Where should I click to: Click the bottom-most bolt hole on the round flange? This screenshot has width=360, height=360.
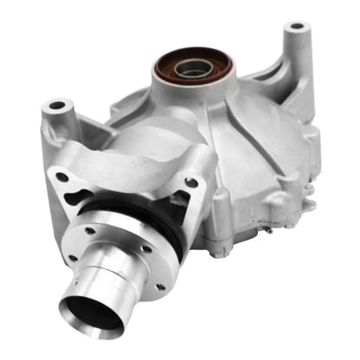pos(159,286)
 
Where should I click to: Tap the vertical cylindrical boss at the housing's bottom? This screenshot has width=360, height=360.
pos(218,229)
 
